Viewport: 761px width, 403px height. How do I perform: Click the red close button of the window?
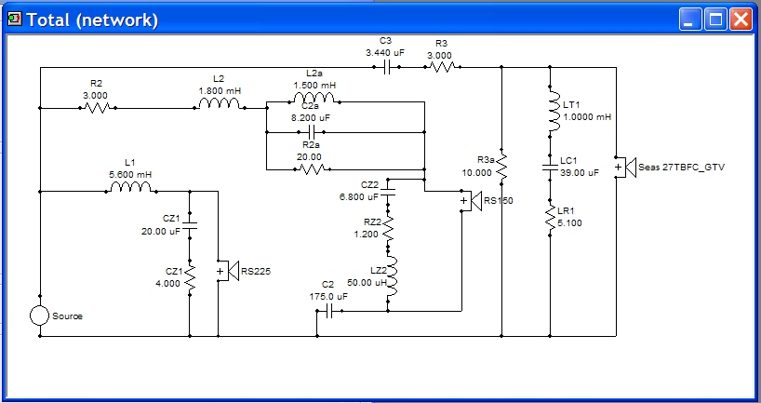[741, 20]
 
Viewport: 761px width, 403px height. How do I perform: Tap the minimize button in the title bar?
[690, 20]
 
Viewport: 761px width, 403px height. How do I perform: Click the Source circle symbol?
[39, 316]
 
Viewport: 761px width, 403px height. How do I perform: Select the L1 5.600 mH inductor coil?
[130, 187]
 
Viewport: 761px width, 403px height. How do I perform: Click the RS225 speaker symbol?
[227, 271]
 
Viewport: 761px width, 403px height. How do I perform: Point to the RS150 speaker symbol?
[470, 201]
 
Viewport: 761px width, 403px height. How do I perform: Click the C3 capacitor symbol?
[387, 68]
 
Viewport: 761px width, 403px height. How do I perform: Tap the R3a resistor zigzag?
[501, 167]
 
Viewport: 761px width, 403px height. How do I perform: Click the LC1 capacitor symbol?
[550, 168]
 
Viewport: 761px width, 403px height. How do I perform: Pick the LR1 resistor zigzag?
[550, 219]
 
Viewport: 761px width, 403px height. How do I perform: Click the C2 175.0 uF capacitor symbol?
[329, 311]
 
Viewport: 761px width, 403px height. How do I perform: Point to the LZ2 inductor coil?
[392, 276]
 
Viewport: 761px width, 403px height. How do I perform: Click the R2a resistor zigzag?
[312, 169]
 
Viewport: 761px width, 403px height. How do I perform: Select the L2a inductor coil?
[314, 98]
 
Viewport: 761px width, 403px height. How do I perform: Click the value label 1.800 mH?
[220, 91]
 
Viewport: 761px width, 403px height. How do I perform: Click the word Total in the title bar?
[49, 20]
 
